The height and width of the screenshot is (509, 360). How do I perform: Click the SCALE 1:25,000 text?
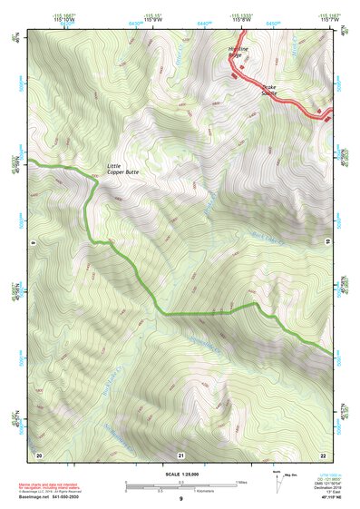tap(181, 473)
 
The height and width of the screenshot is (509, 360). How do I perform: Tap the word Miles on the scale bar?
tap(239, 481)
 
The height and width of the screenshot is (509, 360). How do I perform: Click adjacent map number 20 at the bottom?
tap(39, 454)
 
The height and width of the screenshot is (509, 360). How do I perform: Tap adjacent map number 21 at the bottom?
tap(180, 454)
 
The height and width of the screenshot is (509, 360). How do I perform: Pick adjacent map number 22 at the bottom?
tap(323, 454)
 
